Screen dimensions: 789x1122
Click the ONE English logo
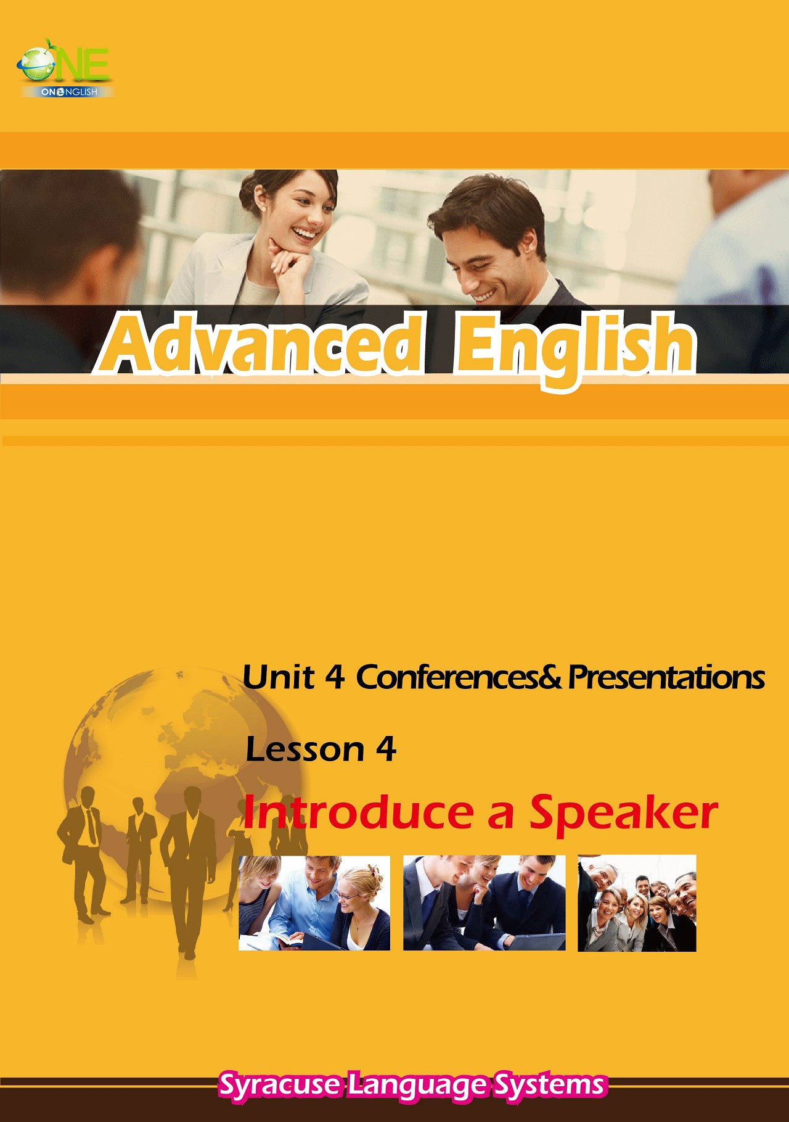[x=65, y=68]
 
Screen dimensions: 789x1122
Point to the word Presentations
[x=666, y=677]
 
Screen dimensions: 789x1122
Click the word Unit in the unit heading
[x=279, y=677]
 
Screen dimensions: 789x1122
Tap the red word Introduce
[x=358, y=812]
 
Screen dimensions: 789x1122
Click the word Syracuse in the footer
[x=279, y=1085]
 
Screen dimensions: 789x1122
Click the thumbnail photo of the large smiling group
[x=637, y=903]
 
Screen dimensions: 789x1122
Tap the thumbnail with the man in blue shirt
[x=314, y=903]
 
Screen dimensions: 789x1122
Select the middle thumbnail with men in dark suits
[x=484, y=903]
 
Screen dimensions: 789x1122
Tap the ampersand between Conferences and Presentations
[x=552, y=677]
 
